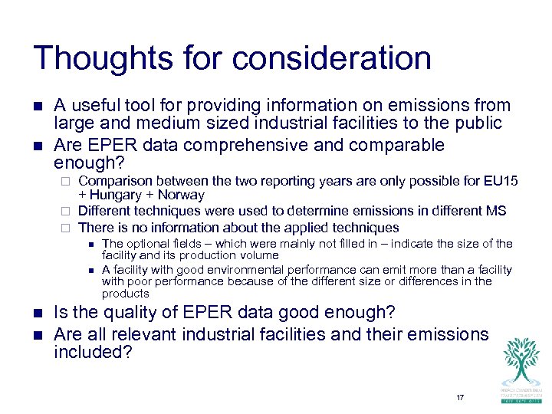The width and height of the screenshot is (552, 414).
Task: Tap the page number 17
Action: (x=460, y=397)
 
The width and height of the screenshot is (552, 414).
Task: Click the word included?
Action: (x=94, y=352)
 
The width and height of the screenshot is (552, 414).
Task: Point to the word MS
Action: (x=496, y=211)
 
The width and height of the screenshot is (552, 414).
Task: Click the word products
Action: (x=126, y=294)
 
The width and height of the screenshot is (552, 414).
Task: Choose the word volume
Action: (x=259, y=255)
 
